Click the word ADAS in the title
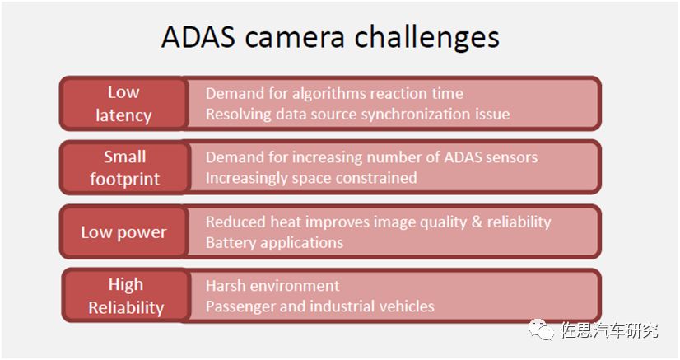coord(198,36)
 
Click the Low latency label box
coord(124,104)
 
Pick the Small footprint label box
coord(125,167)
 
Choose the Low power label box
coord(124,232)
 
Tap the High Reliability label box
coord(126,296)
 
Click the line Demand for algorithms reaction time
coord(334,94)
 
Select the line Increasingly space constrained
coord(311,178)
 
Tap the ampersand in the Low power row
coord(477,222)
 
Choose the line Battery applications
coord(274,242)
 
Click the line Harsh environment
coord(272,285)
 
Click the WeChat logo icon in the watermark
coord(541,330)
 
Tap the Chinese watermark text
coord(609,330)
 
